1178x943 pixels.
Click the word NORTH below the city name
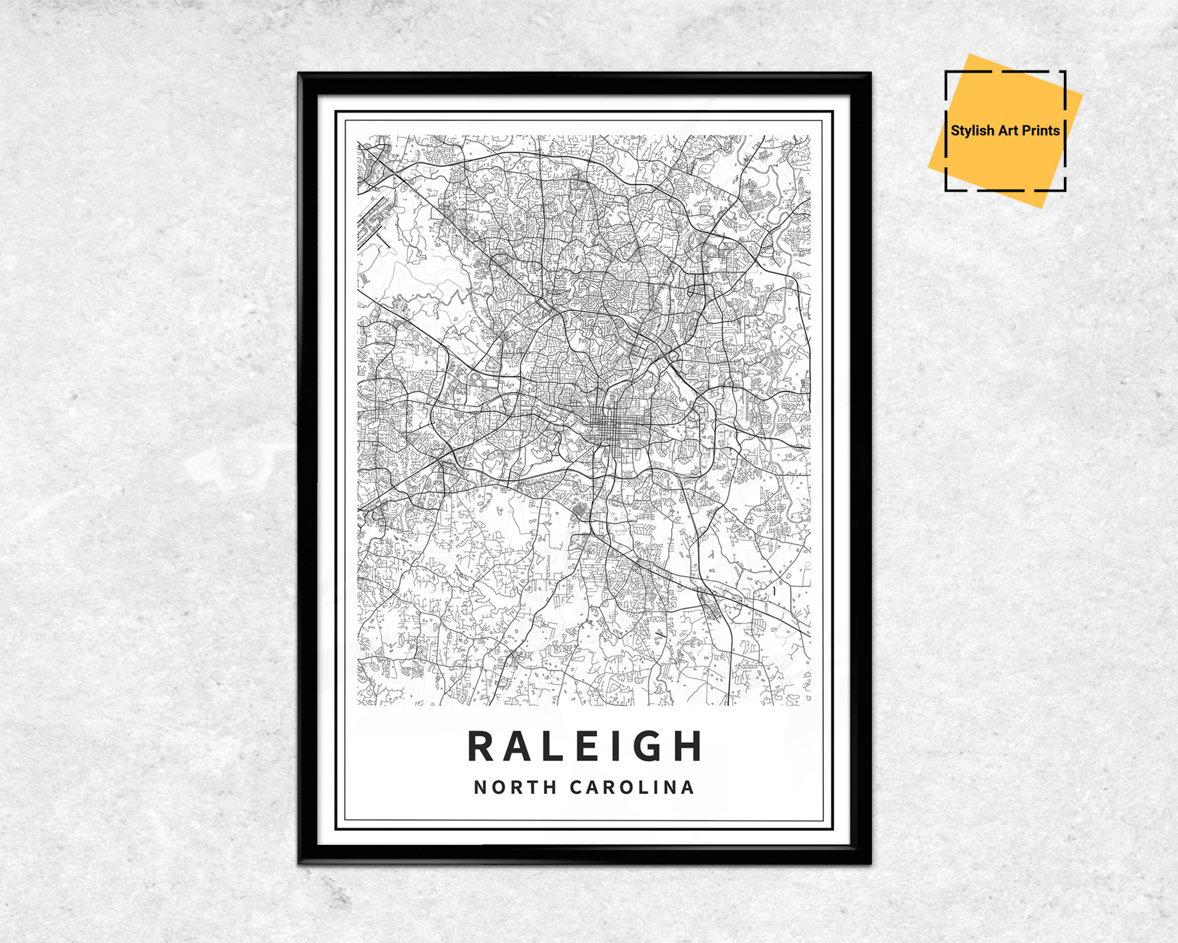(x=507, y=788)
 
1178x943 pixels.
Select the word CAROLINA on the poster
(x=631, y=788)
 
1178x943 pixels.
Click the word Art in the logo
(x=1008, y=131)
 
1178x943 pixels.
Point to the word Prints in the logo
(x=1041, y=131)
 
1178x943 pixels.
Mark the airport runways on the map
(x=373, y=222)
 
